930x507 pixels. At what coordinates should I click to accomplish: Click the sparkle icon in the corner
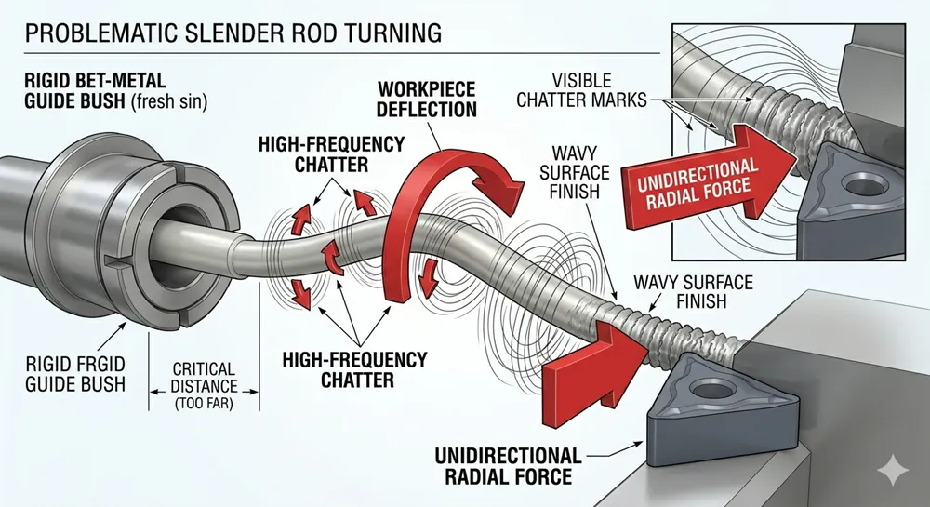(896, 474)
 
